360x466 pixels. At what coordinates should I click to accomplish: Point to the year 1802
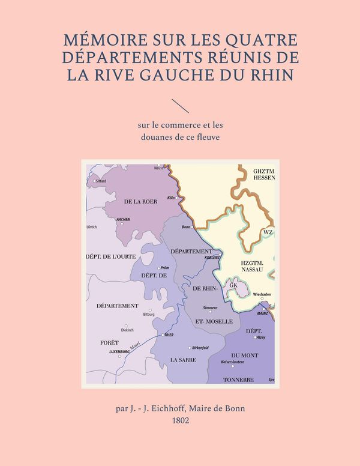(180, 421)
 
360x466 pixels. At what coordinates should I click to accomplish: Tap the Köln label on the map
(172, 198)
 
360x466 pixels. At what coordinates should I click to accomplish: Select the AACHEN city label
(123, 219)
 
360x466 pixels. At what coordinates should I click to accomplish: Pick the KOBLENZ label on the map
(212, 257)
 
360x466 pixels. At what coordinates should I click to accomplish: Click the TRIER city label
(169, 334)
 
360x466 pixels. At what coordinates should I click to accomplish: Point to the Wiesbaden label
(262, 294)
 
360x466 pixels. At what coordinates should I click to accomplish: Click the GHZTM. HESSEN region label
(264, 174)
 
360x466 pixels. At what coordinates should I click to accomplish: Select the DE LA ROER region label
(140, 202)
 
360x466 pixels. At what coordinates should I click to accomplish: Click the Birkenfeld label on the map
(199, 348)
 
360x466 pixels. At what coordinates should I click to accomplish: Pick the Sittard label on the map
(101, 181)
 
